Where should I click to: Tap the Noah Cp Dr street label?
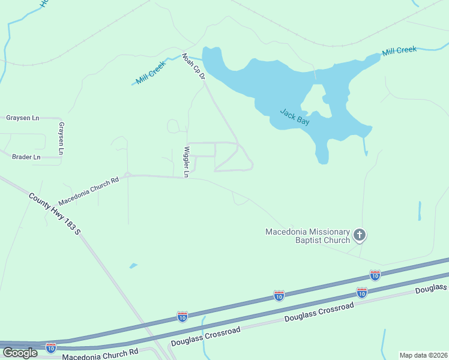[x=194, y=67]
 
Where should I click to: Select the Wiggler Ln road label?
[x=187, y=162]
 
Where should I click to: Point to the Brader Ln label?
[x=26, y=157]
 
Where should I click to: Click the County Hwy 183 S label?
[x=54, y=213]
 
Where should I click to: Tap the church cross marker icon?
[x=359, y=235]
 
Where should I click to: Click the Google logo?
[x=20, y=352]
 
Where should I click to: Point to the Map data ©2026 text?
[x=423, y=355]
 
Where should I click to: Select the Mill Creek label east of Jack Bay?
[x=399, y=50]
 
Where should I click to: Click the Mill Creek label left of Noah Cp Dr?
[x=150, y=75]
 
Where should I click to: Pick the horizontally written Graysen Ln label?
[x=22, y=118]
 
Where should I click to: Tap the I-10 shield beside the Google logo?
[x=51, y=347]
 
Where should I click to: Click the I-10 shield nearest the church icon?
[x=375, y=275]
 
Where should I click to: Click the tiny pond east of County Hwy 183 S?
[x=133, y=265]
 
